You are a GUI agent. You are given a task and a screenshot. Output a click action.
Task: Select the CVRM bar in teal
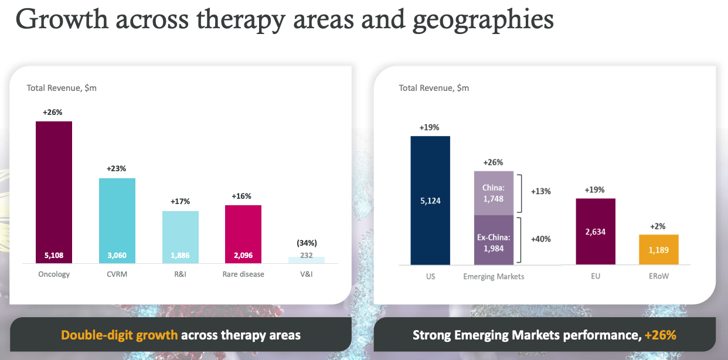click(x=117, y=217)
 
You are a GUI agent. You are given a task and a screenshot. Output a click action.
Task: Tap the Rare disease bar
click(x=243, y=232)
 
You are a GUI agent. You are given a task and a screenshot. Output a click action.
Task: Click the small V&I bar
click(x=307, y=260)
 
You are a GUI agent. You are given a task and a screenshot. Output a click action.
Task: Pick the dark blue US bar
click(x=430, y=199)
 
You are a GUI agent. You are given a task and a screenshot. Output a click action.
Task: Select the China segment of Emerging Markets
click(x=494, y=193)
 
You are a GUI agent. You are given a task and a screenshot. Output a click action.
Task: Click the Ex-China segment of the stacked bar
click(x=494, y=240)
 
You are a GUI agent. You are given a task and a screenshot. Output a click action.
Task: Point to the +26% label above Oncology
click(x=53, y=112)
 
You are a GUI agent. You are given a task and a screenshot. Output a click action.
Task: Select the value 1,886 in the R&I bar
click(x=180, y=256)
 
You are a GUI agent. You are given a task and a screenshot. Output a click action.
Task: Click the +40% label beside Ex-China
click(x=540, y=239)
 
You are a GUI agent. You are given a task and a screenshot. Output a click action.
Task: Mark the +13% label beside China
click(x=540, y=191)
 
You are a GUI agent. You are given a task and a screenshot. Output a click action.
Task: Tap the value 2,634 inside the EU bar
click(x=595, y=232)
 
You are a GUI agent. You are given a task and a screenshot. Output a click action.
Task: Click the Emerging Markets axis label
click(x=494, y=277)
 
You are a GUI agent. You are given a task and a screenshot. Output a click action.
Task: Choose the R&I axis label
click(x=180, y=274)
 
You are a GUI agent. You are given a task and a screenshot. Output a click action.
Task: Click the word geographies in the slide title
click(x=484, y=19)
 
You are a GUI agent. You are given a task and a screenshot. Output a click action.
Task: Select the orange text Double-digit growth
click(x=120, y=335)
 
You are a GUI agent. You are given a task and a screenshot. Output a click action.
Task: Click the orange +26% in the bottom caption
click(x=660, y=335)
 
